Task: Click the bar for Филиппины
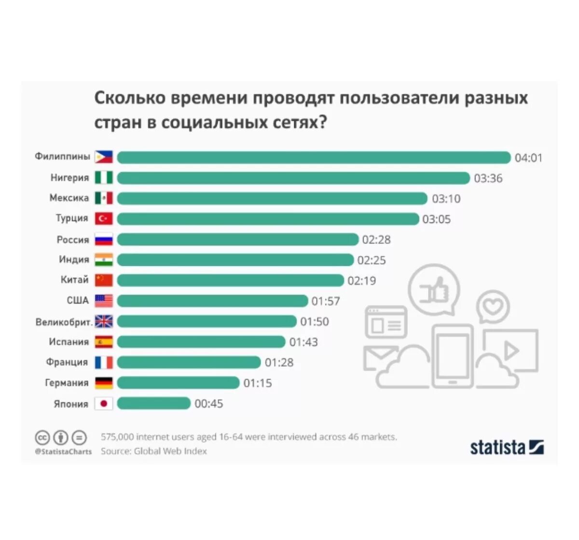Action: point(314,157)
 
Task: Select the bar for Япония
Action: point(154,403)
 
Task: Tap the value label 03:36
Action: point(488,179)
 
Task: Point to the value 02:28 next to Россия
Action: point(376,240)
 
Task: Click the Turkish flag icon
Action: point(104,219)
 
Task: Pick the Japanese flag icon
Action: point(104,403)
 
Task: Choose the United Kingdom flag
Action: point(104,321)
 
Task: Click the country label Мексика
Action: point(69,198)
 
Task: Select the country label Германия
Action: point(67,383)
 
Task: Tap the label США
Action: point(78,301)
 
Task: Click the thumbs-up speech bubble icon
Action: point(434,290)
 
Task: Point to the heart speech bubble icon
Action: point(493,306)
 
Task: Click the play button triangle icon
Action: point(511,351)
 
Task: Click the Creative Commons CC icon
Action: point(42,438)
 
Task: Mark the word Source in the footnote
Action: point(115,451)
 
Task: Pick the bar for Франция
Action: point(189,362)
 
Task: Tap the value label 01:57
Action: point(326,301)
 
